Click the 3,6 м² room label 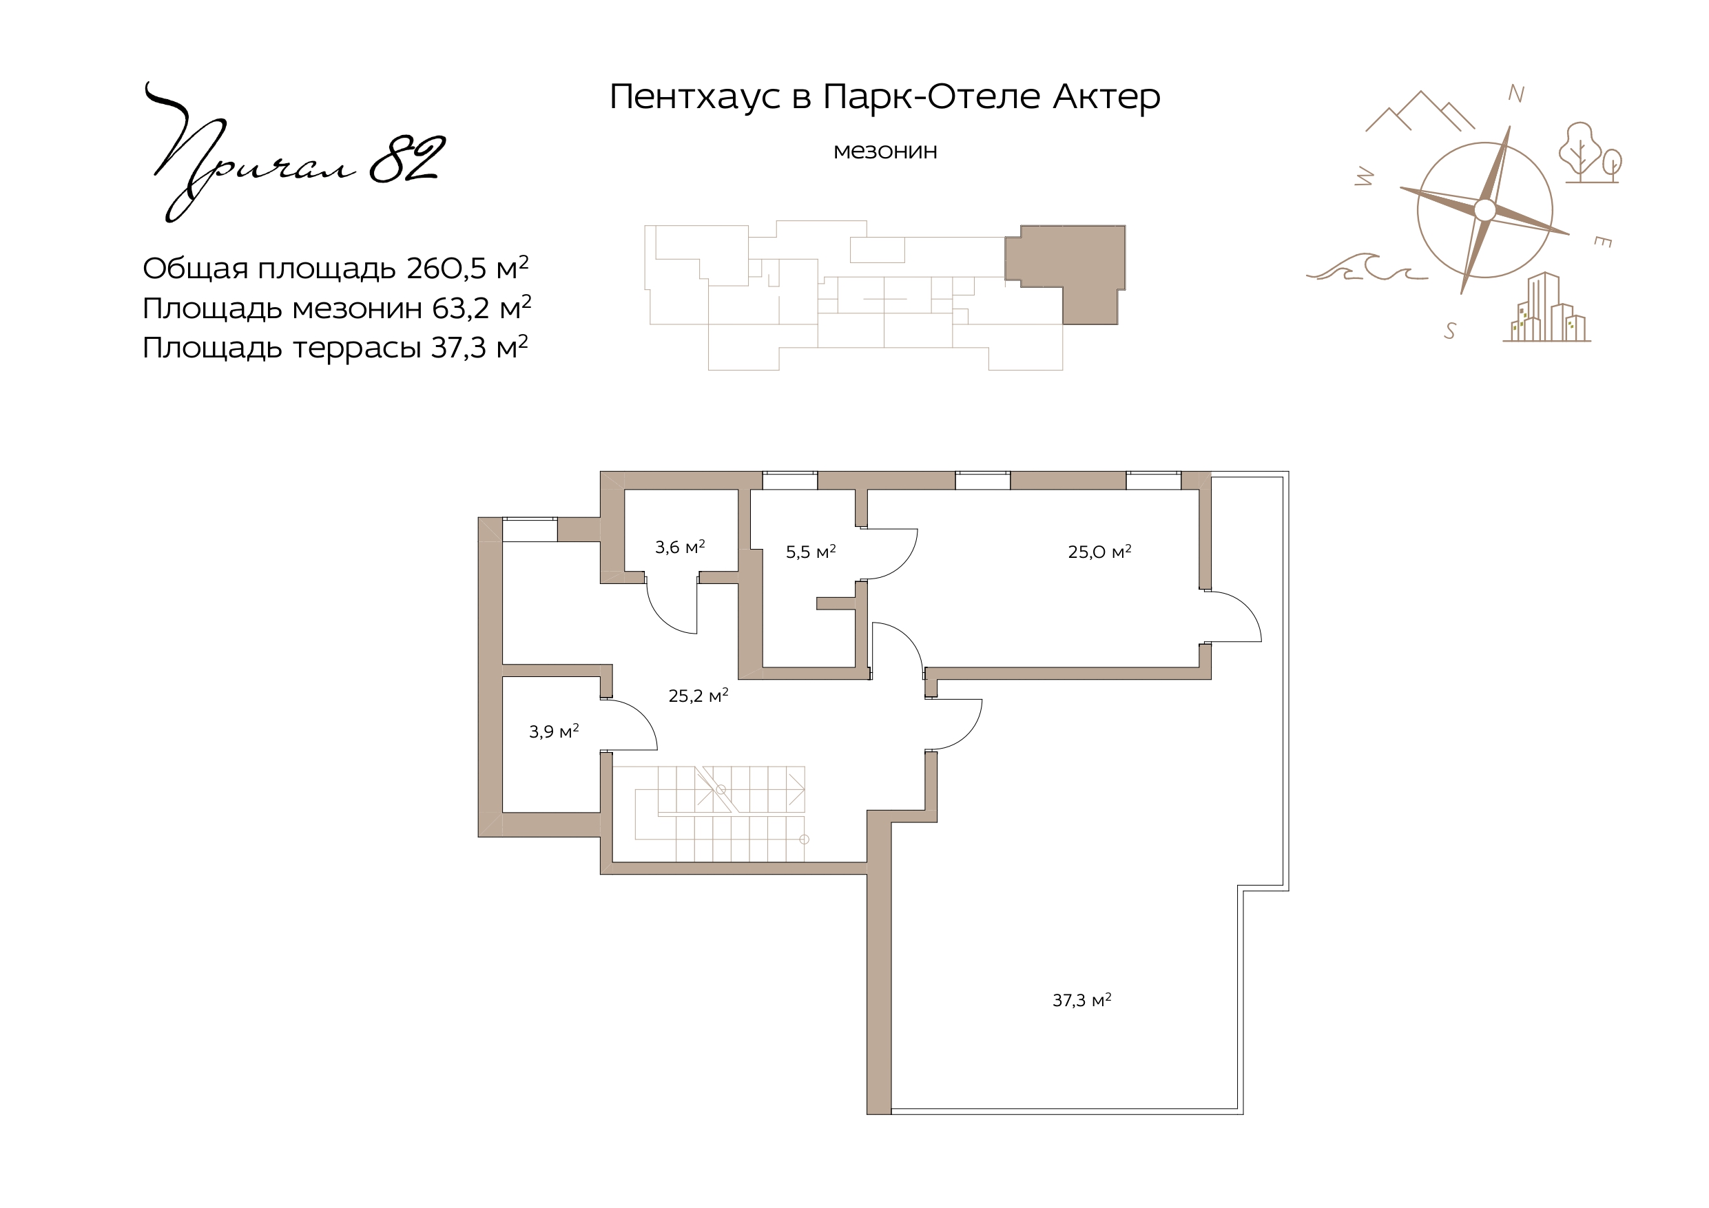680,547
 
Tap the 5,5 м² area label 811,552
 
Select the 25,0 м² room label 1099,552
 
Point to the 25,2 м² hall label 698,696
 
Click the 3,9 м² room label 554,731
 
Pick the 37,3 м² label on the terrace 1081,1000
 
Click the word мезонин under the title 885,151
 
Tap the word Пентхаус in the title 696,96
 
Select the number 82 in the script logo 407,159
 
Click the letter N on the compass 1516,94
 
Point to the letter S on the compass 1450,331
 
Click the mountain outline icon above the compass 1420,111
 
